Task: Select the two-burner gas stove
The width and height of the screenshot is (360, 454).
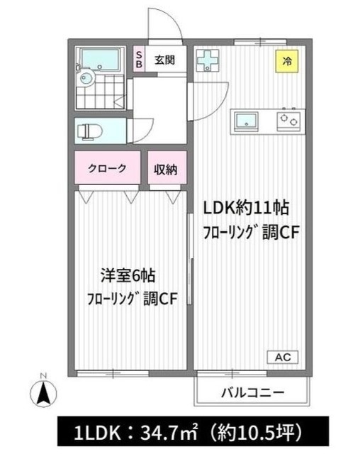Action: [288, 121]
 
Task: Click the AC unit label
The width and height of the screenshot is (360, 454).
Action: [283, 356]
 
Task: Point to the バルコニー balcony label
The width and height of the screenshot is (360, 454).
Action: [253, 392]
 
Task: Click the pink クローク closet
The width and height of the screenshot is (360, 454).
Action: [108, 169]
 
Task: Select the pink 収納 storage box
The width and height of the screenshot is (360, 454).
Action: [167, 169]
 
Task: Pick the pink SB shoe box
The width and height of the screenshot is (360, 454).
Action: [139, 59]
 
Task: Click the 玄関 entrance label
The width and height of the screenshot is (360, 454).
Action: [165, 59]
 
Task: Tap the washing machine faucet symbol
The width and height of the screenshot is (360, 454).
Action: [208, 61]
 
